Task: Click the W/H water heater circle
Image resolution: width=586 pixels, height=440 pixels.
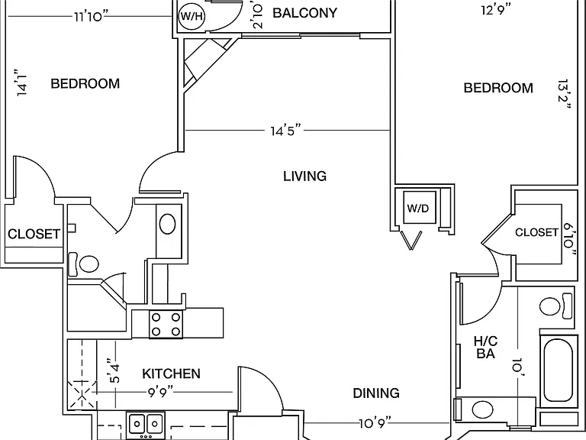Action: click(x=192, y=17)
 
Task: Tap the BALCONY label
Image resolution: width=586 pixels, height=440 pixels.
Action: click(x=305, y=13)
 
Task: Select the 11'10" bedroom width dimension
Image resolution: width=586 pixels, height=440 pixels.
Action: click(x=91, y=17)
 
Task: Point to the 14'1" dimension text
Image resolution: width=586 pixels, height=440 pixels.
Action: click(x=22, y=82)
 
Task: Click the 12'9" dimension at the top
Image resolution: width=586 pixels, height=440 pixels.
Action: click(x=496, y=9)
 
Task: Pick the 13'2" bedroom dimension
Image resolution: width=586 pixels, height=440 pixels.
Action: click(x=564, y=93)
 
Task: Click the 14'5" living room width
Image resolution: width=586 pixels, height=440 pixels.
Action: click(x=286, y=131)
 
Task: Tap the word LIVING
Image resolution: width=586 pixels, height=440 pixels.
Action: click(x=305, y=176)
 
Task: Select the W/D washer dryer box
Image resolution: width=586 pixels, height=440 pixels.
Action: click(x=420, y=208)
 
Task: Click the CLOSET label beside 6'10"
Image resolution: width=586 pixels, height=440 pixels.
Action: click(x=536, y=232)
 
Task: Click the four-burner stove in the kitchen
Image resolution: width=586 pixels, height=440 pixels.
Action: click(x=166, y=324)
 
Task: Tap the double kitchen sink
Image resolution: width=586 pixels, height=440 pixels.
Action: click(x=146, y=423)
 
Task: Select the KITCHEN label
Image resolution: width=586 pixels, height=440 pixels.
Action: click(x=171, y=374)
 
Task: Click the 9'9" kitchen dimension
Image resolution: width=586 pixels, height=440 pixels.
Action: click(x=159, y=393)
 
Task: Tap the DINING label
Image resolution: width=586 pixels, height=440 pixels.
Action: click(x=376, y=393)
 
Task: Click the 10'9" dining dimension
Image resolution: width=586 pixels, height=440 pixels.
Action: click(x=375, y=423)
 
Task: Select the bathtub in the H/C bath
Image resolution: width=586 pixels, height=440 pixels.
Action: click(x=558, y=370)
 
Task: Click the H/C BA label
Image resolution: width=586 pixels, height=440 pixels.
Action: click(x=485, y=348)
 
